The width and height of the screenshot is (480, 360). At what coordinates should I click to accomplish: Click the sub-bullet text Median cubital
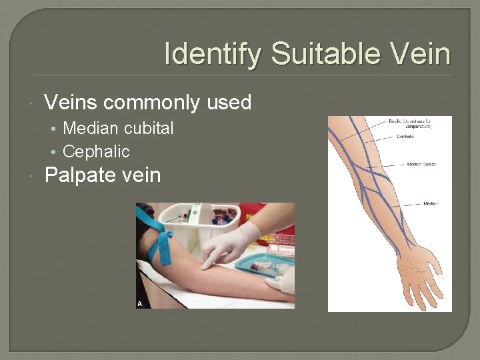pyautogui.click(x=118, y=128)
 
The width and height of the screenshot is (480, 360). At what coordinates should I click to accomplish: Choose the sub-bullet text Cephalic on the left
pyautogui.click(x=96, y=151)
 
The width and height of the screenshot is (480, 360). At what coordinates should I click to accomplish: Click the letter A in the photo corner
pyautogui.click(x=140, y=303)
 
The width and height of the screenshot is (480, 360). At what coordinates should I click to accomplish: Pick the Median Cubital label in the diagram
pyautogui.click(x=421, y=163)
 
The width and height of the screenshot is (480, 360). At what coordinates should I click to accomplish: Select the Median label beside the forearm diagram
pyautogui.click(x=430, y=203)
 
